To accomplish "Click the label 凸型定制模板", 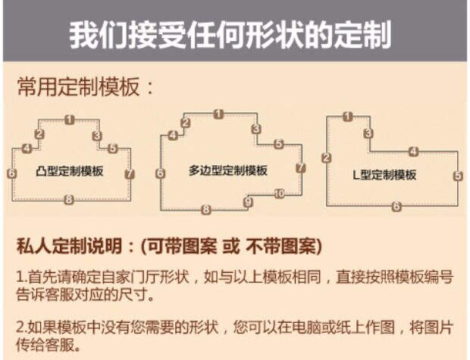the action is point(70,171).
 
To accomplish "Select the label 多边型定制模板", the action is point(228,171).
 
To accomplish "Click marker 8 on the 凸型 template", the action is point(69,200).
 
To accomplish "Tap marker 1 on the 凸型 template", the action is point(69,119).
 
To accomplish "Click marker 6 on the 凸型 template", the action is point(11,174).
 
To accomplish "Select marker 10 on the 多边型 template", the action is point(279,194).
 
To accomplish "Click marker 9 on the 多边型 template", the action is point(248,202).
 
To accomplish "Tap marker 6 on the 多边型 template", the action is point(160,174).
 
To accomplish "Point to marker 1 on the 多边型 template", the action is point(218,114).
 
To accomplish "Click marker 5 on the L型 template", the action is point(458,176).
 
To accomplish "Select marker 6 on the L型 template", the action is point(396,205).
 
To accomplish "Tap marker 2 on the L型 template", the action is point(326,158).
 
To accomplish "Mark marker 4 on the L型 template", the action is point(413,150).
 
